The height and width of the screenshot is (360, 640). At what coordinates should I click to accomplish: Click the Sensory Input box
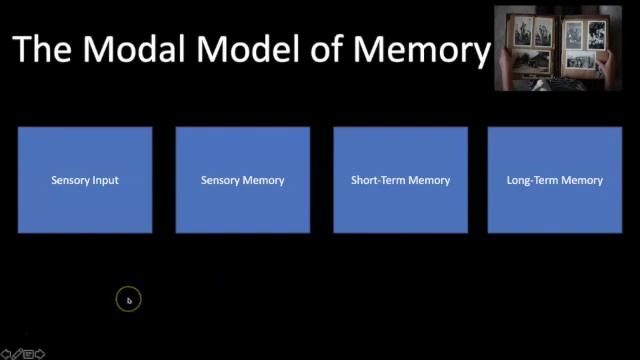pos(85,180)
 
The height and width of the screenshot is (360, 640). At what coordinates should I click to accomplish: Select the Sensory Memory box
pos(243,180)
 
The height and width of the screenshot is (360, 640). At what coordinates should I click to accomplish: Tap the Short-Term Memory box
pos(400,180)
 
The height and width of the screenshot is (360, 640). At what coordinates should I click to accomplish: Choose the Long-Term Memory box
pos(555,180)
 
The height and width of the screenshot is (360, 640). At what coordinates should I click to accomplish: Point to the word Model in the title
pos(263,49)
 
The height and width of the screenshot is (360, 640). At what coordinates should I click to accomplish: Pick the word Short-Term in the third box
pos(377,181)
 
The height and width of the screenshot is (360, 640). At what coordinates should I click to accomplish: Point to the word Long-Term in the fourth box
pos(532,181)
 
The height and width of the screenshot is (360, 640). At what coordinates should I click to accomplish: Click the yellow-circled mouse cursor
pos(128,299)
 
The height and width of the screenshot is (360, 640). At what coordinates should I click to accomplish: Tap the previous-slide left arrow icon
pos(6,353)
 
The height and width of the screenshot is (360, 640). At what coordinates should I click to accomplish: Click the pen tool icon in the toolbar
pos(17,353)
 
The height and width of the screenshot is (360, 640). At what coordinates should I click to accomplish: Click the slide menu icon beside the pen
pos(28,353)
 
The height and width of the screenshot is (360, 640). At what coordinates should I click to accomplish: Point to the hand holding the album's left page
pos(507,62)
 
